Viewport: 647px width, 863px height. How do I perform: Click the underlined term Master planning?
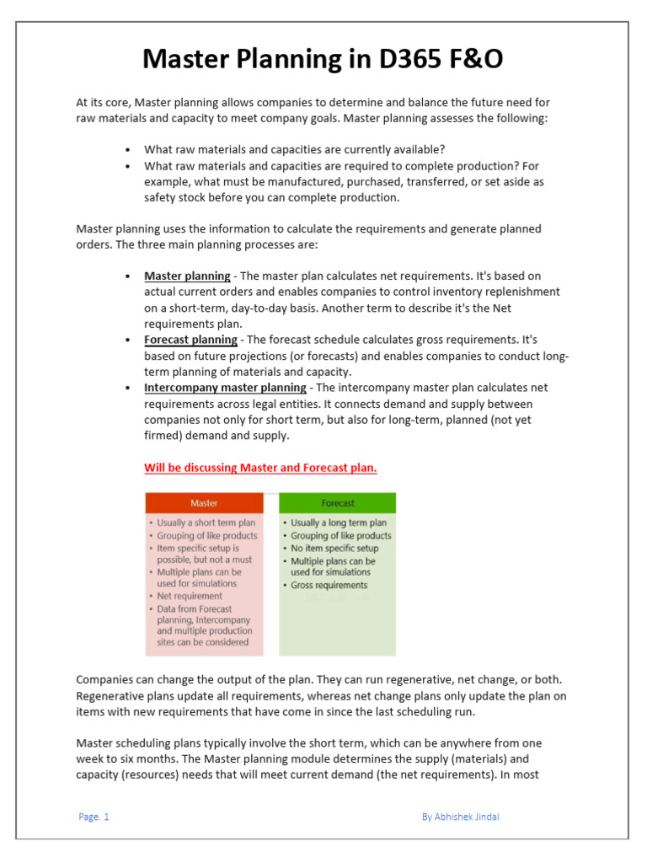[x=187, y=276]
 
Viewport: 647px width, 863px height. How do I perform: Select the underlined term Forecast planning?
[x=190, y=340]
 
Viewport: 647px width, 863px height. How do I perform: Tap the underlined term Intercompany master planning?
[x=225, y=388]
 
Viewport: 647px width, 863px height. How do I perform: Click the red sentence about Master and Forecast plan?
[x=260, y=468]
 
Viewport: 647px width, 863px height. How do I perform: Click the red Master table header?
[x=204, y=503]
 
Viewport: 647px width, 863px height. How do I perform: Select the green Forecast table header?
[x=337, y=503]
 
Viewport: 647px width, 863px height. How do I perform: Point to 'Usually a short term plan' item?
[x=206, y=523]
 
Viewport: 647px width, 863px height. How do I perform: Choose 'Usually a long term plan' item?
[x=339, y=523]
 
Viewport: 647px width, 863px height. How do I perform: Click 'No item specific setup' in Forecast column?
[x=334, y=548]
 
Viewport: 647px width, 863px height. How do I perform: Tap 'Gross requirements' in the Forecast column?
[x=329, y=585]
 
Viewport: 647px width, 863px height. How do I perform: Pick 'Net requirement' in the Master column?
[x=190, y=596]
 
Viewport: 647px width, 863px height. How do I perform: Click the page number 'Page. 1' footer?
[x=94, y=817]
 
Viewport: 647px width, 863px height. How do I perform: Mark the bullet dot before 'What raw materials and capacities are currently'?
[x=126, y=150]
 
